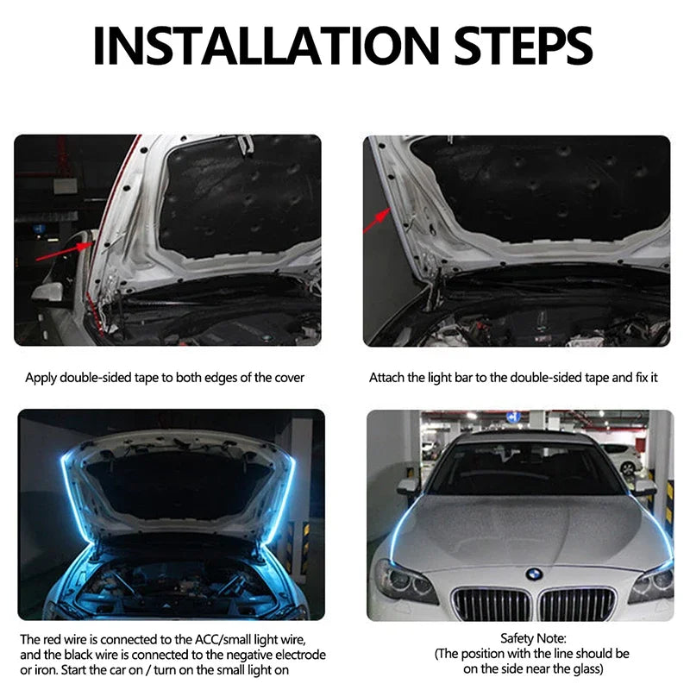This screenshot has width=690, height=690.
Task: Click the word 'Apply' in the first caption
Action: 41,377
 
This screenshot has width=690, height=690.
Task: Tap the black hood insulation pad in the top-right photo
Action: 535,185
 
